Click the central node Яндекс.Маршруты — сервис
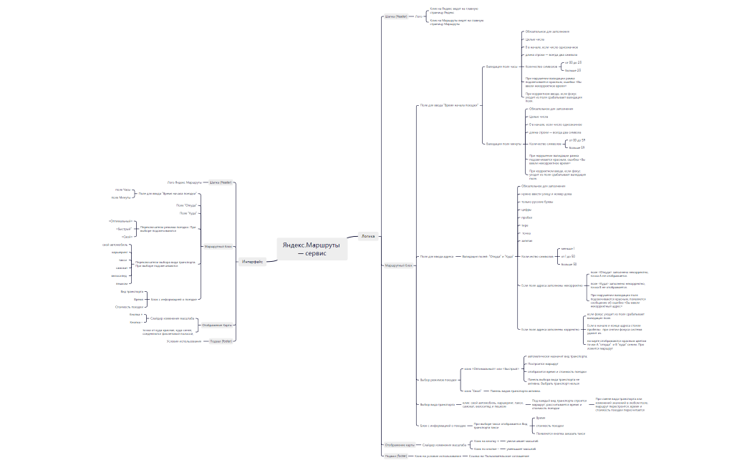[x=312, y=248]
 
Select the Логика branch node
[x=367, y=235]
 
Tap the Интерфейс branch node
[x=251, y=262]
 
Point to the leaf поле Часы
[x=123, y=190]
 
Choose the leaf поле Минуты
[x=121, y=197]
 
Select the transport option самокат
[x=122, y=268]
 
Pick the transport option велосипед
[x=120, y=275]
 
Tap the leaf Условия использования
[x=183, y=341]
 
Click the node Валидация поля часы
[x=502, y=66]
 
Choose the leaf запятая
[x=527, y=241]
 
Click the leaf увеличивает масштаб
[x=521, y=441]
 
